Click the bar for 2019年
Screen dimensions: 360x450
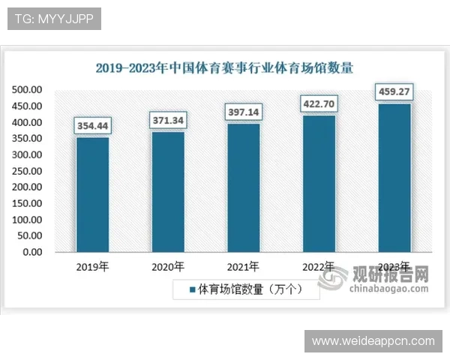92,194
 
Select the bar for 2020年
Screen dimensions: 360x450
168,191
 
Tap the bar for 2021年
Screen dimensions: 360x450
243,187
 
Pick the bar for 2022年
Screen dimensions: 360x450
319,183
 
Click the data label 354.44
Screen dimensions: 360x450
92,125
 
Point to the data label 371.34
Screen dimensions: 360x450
168,120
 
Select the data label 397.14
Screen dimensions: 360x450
243,112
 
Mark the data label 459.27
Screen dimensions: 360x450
394,93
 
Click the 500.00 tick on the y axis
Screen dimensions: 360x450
27,90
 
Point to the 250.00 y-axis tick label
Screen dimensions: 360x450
27,171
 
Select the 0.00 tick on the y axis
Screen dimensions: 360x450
31,252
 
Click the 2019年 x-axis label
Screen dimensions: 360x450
92,266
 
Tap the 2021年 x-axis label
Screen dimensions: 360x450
243,266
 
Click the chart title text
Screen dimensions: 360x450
224,67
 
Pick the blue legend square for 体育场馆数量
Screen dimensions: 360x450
192,289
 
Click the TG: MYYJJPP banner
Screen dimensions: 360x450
54,19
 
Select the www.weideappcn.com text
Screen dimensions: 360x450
373,341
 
